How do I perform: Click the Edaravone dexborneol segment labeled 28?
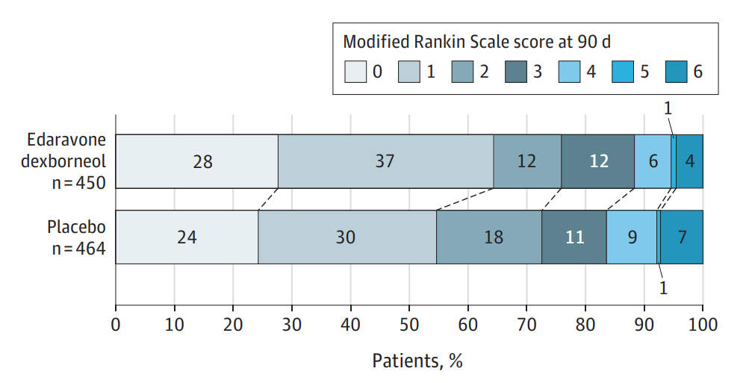coord(197,161)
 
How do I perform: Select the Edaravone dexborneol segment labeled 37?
coord(386,161)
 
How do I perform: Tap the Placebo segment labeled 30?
coord(346,237)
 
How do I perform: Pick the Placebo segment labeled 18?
coord(488,237)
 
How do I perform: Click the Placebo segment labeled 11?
coord(574,237)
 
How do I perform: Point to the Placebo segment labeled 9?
coord(632,237)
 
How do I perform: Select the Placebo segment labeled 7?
coord(681,237)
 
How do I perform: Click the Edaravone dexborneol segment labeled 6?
coord(652,161)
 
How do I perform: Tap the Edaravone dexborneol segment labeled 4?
coord(689,161)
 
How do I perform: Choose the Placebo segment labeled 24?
coord(187,237)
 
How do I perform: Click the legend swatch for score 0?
coord(355,72)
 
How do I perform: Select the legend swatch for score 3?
coord(516,72)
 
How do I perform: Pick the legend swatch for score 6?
coord(677,72)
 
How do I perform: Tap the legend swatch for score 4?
coord(569,72)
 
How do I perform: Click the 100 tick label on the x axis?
coord(702,325)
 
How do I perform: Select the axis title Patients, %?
coord(417,361)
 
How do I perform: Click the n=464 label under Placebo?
coord(79,249)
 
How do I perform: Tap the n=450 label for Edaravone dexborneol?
coord(79,181)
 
